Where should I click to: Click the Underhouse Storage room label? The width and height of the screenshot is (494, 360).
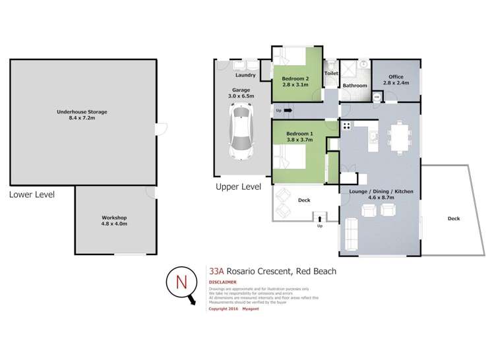click(82, 115)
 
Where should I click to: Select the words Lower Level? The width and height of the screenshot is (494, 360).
click(32, 195)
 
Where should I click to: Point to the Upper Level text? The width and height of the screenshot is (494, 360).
click(238, 187)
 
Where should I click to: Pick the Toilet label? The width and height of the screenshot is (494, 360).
click(332, 74)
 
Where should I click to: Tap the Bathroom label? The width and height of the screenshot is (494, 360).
click(354, 86)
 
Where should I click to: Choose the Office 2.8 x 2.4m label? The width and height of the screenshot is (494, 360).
click(396, 79)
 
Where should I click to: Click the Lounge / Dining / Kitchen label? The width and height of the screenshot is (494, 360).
click(377, 194)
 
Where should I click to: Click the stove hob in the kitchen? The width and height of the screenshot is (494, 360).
click(347, 125)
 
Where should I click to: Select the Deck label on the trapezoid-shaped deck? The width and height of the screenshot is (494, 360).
click(453, 218)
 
